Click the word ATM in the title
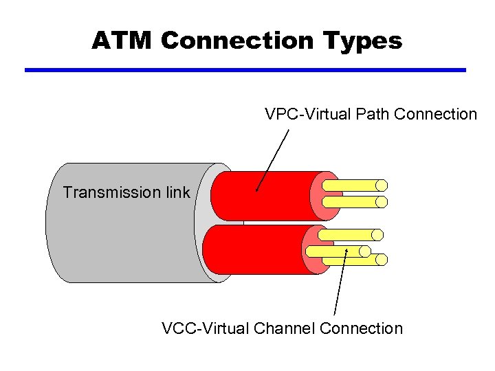click(x=122, y=41)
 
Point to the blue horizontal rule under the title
click(x=245, y=70)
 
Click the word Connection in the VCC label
click(x=362, y=328)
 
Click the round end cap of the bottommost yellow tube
click(x=382, y=260)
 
